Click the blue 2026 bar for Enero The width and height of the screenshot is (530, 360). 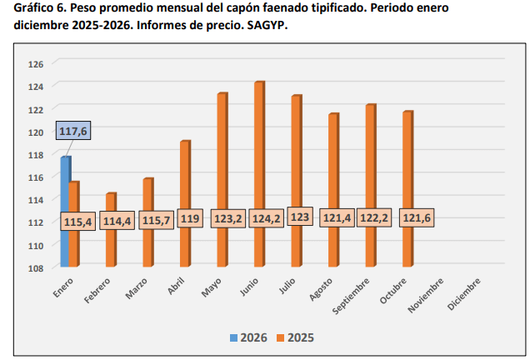(65, 208)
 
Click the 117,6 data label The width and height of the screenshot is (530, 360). (73, 131)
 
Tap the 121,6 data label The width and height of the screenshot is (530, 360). (417, 220)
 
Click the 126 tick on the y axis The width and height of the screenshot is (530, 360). (36, 64)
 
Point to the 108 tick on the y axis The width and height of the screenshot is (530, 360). (36, 268)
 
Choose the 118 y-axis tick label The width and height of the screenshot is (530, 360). (36, 155)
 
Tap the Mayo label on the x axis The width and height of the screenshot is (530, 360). (211, 287)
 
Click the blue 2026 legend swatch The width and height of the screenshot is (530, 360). (233, 337)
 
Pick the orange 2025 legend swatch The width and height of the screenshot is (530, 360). (280, 337)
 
